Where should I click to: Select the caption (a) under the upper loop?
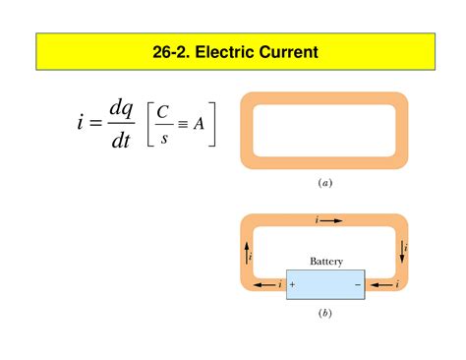325,182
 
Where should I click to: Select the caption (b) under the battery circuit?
325,314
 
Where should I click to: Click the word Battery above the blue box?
325,262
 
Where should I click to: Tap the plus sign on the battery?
293,284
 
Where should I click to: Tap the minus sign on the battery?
358,284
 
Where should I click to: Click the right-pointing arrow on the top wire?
331,221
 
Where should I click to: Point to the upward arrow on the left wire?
246,253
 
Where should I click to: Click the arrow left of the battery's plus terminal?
264,284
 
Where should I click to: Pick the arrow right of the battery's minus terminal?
381,284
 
